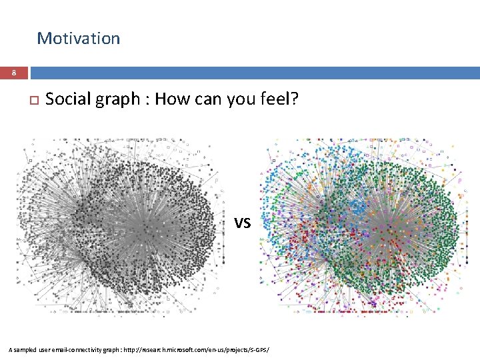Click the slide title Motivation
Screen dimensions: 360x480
[78, 39]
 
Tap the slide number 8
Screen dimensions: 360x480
[13, 73]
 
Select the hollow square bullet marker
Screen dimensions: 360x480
[30, 101]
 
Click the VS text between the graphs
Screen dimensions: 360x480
[241, 223]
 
